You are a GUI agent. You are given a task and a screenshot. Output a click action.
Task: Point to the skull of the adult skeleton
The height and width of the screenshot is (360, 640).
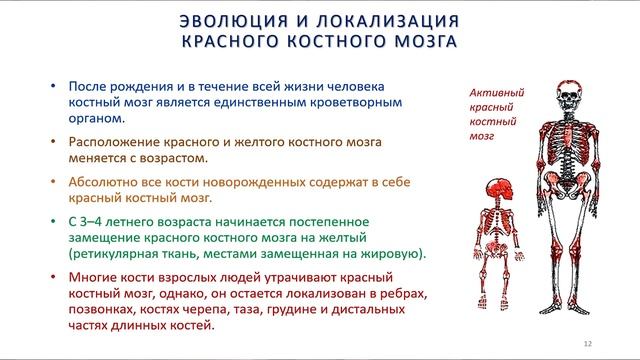click(x=568, y=98)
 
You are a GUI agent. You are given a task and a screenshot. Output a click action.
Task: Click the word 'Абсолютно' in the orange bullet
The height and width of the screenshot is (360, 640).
click(x=103, y=183)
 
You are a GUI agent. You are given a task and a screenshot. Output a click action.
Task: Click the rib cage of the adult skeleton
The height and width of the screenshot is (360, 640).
click(x=568, y=140)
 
